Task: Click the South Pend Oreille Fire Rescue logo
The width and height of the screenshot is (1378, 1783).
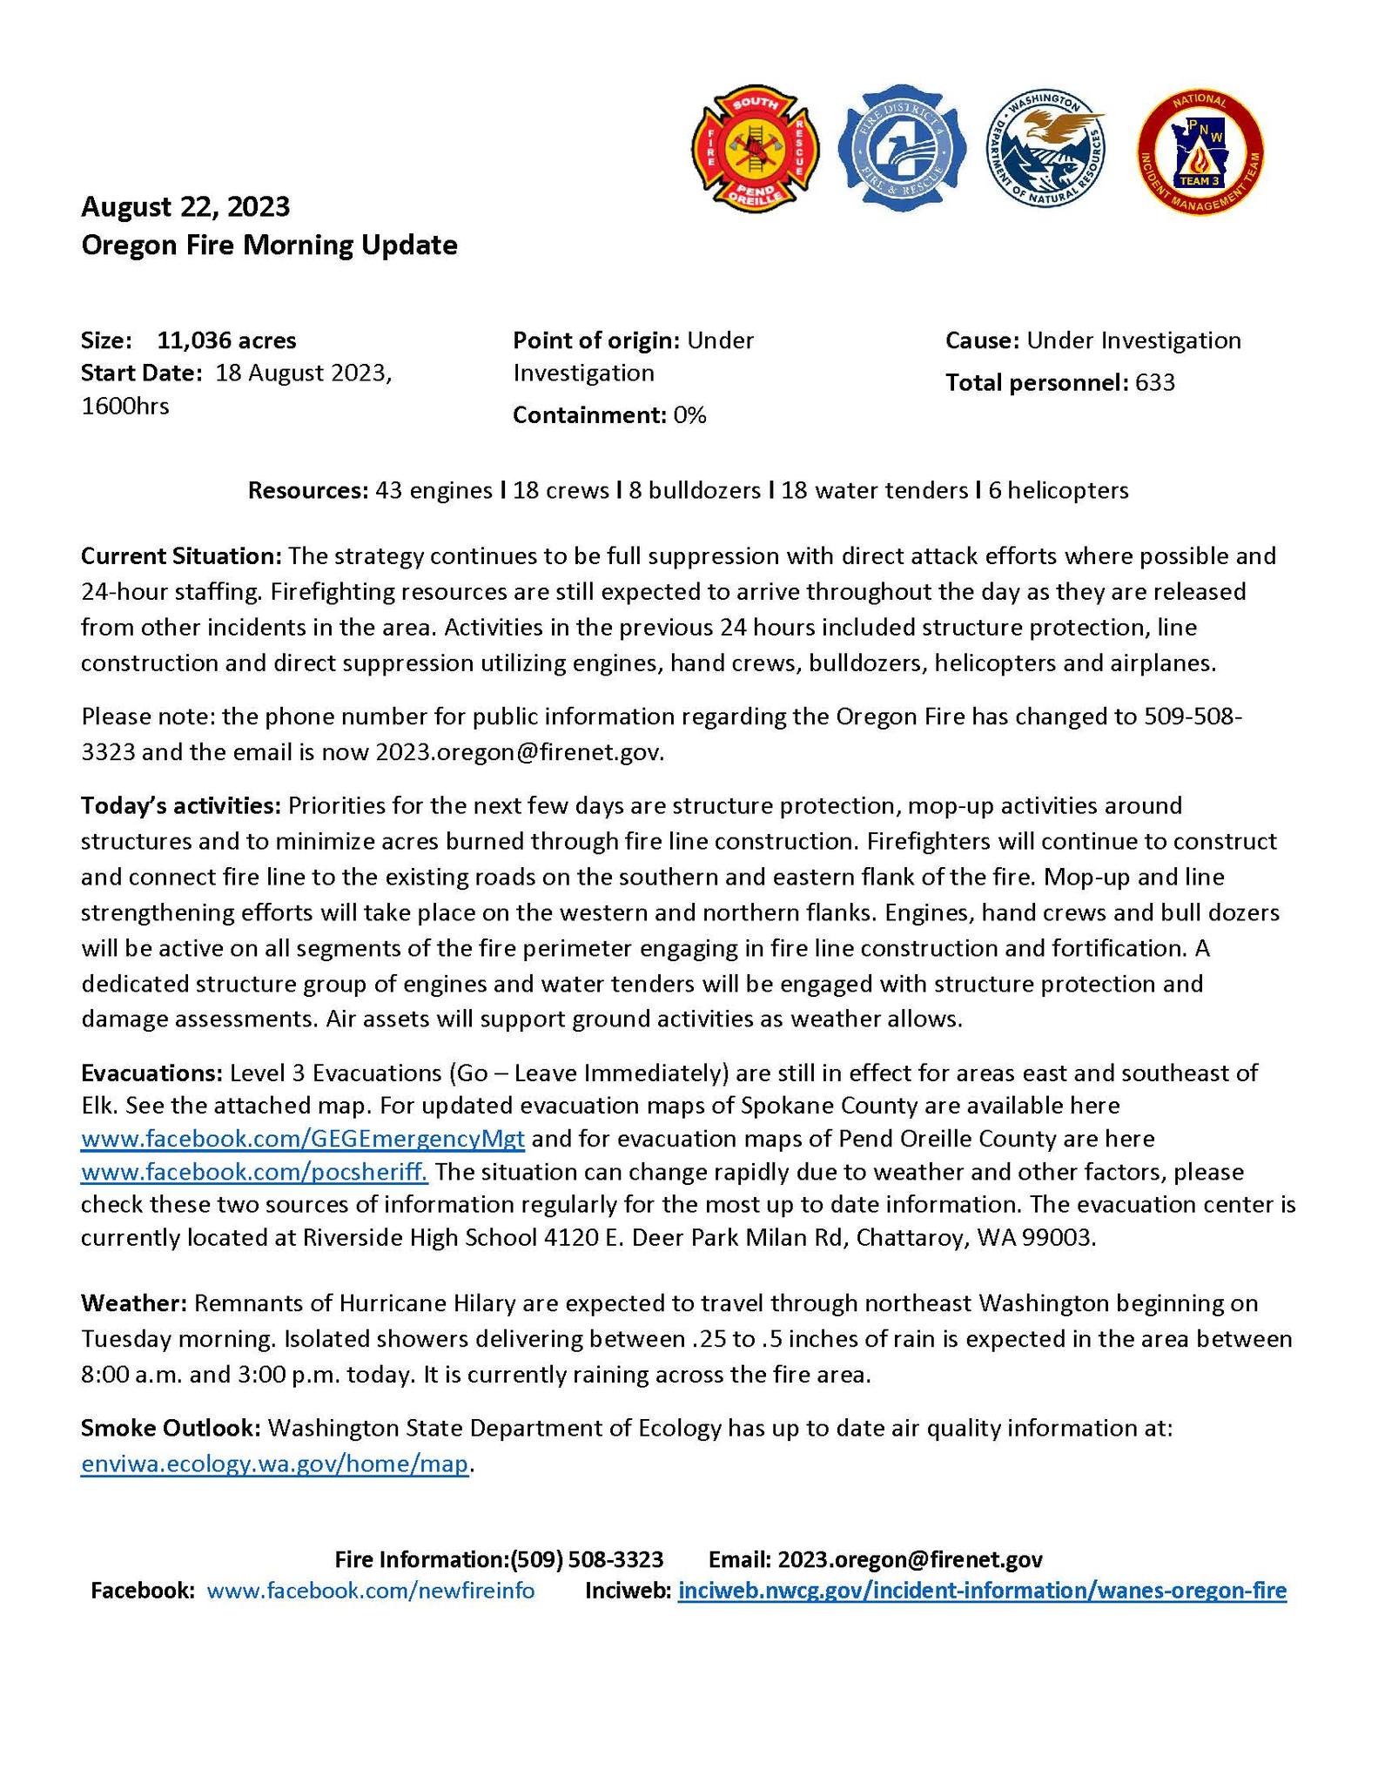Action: pos(755,149)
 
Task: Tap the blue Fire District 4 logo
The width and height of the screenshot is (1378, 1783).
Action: pos(902,148)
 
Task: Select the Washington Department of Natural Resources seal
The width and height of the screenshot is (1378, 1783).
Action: pos(1046,148)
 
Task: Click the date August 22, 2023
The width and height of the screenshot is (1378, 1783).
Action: pos(185,207)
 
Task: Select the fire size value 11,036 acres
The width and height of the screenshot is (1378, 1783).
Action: pos(226,340)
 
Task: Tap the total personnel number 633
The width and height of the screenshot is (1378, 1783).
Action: pos(1155,382)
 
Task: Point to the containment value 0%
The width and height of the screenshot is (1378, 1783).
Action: pos(689,415)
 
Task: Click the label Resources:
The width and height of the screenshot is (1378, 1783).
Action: pos(309,490)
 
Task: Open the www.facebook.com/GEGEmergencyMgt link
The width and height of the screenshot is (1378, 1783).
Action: pos(302,1139)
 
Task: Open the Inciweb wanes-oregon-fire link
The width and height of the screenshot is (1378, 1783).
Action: pos(981,1591)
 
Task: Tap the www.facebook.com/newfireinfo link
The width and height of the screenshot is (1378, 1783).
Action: pos(371,1591)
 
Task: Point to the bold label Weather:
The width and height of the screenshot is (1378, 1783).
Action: pos(134,1303)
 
